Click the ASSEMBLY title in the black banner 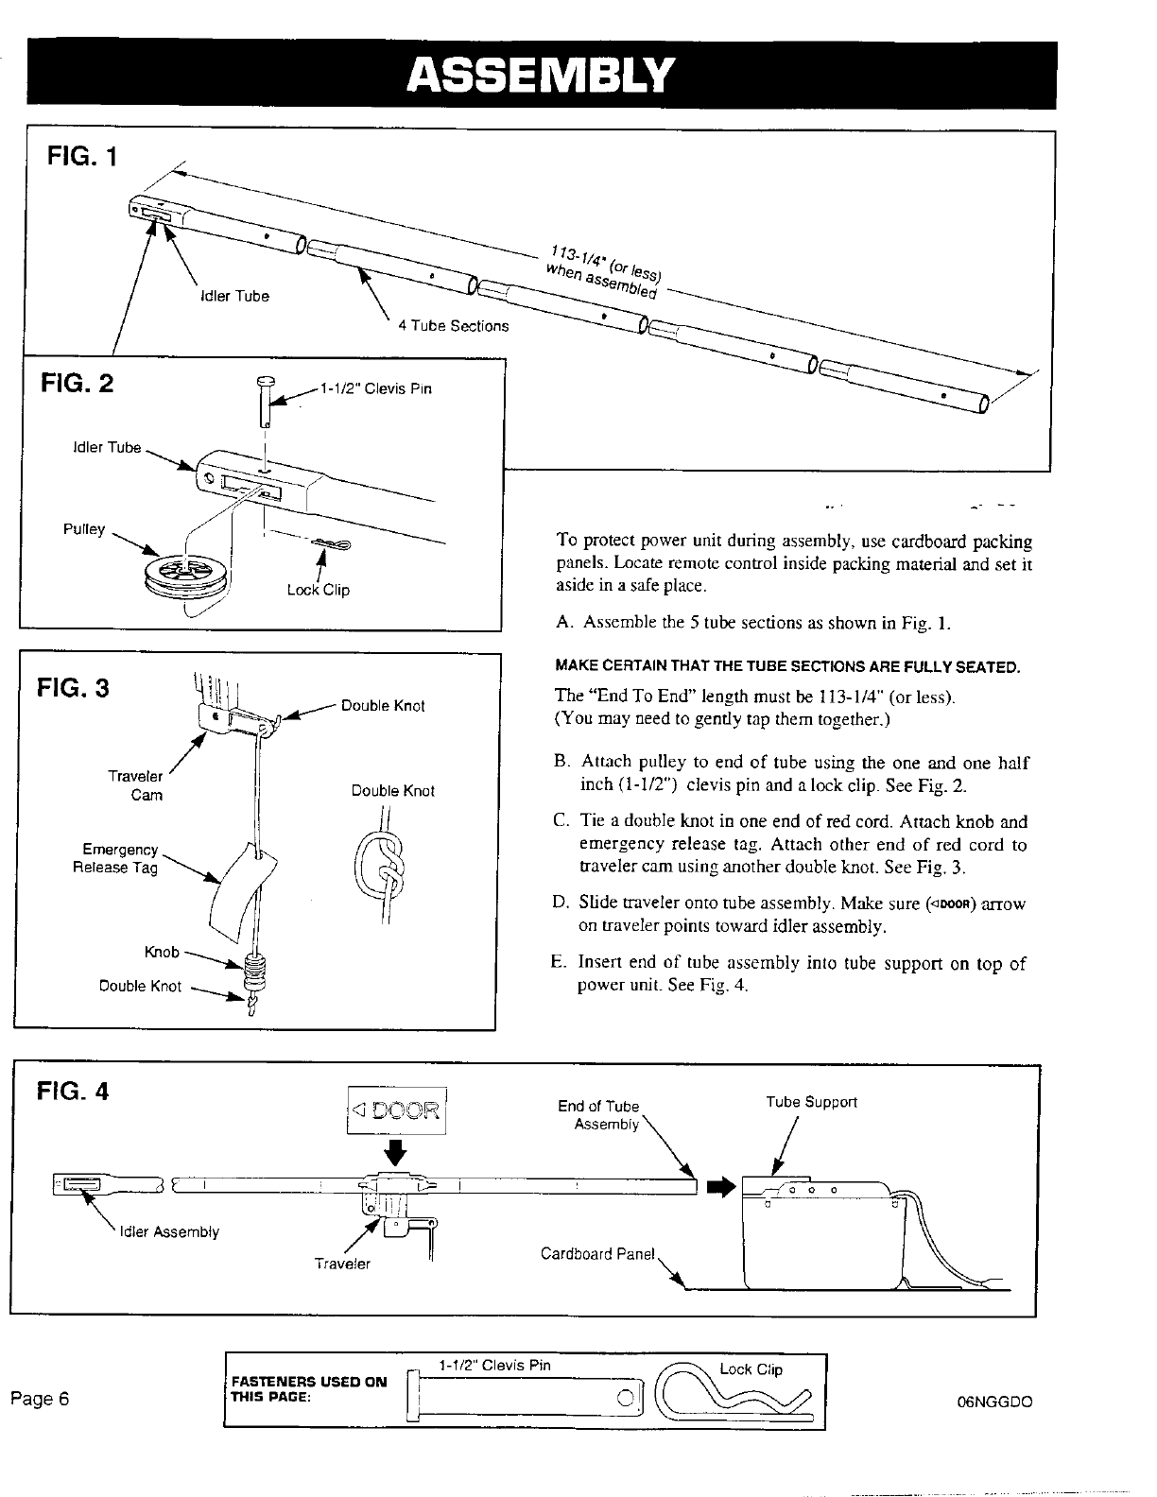click(x=540, y=74)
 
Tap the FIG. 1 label click(x=81, y=156)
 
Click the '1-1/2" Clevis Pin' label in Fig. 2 click(x=375, y=388)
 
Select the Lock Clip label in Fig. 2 click(x=319, y=590)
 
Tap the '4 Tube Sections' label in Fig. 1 click(x=453, y=326)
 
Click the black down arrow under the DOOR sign click(x=397, y=1153)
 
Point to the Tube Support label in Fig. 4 click(x=811, y=1102)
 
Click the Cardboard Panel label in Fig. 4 click(x=596, y=1254)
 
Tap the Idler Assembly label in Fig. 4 click(x=169, y=1231)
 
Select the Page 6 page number click(x=41, y=1398)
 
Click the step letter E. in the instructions click(x=560, y=963)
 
